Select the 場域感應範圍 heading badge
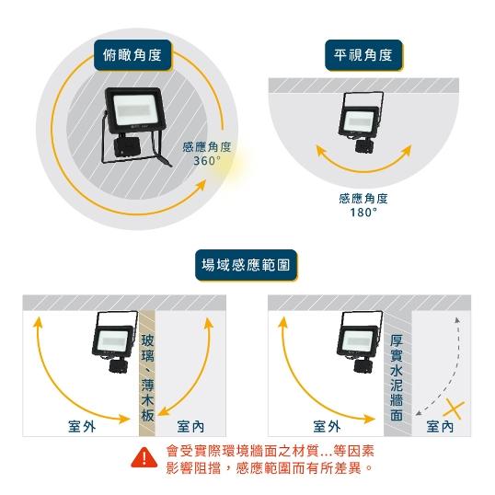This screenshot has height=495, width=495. (247, 265)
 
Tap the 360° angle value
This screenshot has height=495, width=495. (207, 161)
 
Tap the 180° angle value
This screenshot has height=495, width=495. (363, 212)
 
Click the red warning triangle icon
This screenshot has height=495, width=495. (144, 457)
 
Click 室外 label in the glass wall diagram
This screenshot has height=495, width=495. (83, 426)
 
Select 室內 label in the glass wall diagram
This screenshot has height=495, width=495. (192, 426)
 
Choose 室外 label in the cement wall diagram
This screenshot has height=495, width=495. (327, 426)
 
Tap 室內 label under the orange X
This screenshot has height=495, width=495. (440, 426)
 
